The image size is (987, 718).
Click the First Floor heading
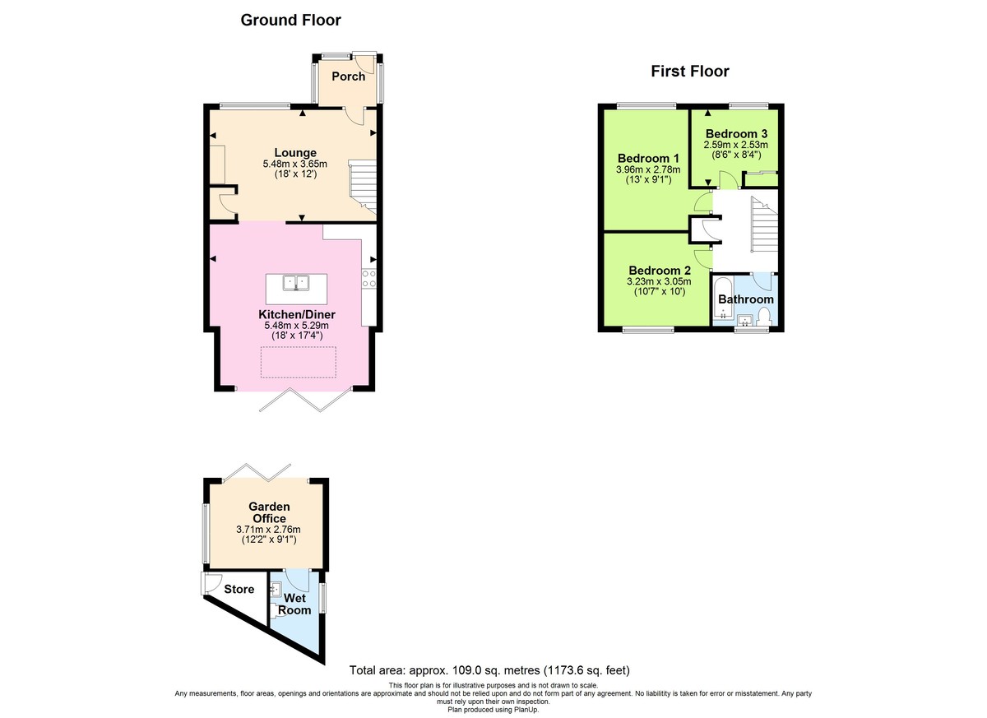pos(689,72)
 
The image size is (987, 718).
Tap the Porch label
pos(348,76)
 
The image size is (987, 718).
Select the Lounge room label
pos(294,153)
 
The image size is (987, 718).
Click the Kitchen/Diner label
pos(296,315)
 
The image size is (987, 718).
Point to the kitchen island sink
pos(295,283)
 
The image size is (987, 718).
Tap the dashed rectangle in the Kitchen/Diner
pos(298,362)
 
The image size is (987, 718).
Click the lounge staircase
pos(363,185)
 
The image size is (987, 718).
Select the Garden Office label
pos(269,512)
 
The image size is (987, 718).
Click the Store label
pos(239,589)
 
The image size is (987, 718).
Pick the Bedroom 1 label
pos(648,159)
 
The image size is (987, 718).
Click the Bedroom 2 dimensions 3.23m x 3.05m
pos(659,280)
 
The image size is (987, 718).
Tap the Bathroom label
pos(745,299)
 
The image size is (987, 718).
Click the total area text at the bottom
pos(490,669)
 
